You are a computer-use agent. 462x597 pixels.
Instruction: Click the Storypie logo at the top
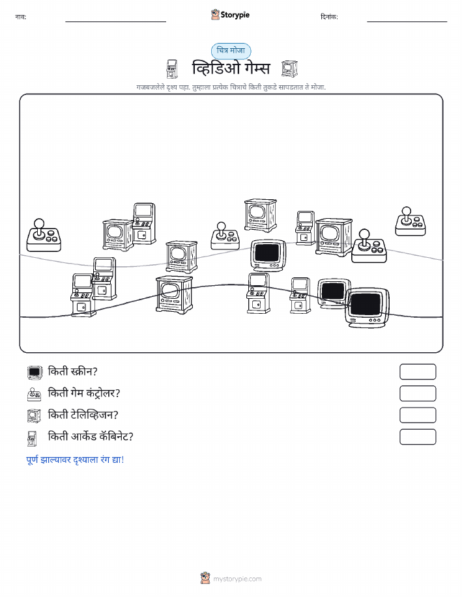pos(230,15)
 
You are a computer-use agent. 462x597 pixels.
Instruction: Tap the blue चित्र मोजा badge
pos(231,51)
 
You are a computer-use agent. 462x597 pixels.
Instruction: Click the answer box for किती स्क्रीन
pos(418,372)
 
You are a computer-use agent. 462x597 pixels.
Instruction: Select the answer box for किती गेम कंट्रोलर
pos(418,393)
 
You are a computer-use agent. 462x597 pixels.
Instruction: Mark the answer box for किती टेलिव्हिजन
pos(418,415)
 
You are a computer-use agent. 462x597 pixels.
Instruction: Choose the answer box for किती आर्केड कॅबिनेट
pos(418,437)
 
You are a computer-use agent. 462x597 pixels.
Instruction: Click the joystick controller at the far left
pos(44,235)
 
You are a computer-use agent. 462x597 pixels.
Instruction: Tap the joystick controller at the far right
pos(411,221)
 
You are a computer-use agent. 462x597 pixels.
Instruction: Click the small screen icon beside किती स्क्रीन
pos(35,372)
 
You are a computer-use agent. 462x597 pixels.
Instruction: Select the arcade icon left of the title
pos(172,69)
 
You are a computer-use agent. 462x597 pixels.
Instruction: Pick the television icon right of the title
pos(289,69)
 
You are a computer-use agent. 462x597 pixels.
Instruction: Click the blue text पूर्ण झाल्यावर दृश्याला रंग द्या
pos(75,460)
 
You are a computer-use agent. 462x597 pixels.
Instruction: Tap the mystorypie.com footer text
pos(237,579)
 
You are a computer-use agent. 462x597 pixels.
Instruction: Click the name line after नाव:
pos(115,21)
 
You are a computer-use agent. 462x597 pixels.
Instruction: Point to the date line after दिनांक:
pos(407,21)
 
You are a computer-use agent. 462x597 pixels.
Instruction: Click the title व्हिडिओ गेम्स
pos(231,69)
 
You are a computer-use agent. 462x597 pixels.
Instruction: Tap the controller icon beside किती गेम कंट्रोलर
pos(35,394)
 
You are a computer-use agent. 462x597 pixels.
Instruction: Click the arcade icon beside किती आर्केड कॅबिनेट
pos(32,438)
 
